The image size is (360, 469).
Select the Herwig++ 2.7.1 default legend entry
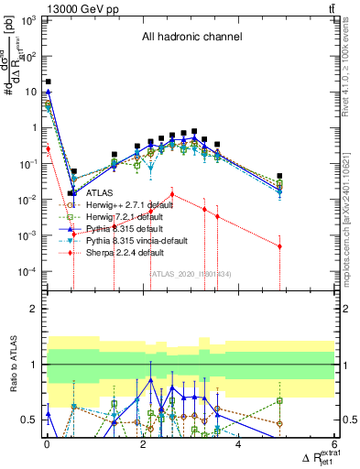tap(129, 205)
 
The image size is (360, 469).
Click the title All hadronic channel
tap(191, 38)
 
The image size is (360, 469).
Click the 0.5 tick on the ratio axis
tap(30, 420)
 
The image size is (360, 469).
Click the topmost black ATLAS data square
tap(48, 82)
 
